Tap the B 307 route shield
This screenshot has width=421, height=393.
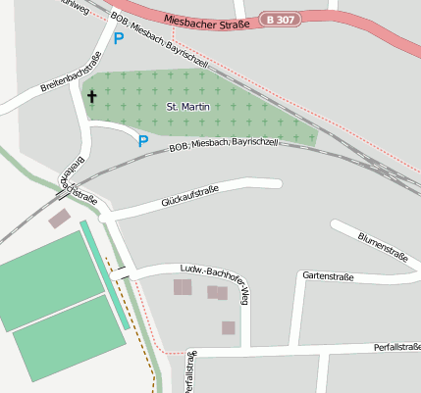pos(283,20)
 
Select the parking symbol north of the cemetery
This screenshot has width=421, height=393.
pos(119,39)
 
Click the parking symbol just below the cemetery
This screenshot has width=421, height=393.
pos(143,141)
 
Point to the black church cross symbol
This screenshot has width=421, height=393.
pos(93,96)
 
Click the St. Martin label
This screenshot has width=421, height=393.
pos(184,105)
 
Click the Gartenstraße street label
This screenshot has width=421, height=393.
pos(328,276)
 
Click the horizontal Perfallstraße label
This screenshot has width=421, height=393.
pos(397,347)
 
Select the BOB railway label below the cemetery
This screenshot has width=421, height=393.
pos(224,143)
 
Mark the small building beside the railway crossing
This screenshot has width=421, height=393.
pos(60,219)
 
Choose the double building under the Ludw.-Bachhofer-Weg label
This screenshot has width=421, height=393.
pos(217,292)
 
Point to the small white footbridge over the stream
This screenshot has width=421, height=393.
pos(121,273)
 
